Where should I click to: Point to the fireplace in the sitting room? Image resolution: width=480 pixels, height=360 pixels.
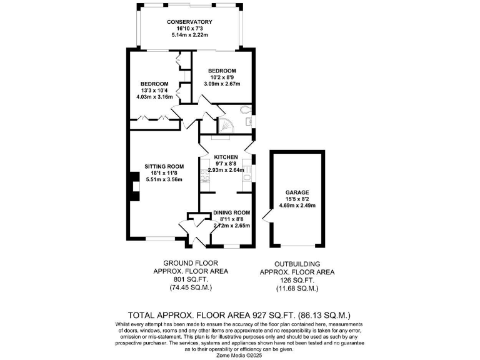[133, 187]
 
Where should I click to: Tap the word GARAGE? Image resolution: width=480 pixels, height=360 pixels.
[297, 192]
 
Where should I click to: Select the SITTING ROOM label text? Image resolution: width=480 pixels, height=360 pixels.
[163, 167]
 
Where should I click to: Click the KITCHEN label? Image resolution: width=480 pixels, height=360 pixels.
[226, 157]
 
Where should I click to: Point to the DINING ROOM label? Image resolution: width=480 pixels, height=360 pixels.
[232, 212]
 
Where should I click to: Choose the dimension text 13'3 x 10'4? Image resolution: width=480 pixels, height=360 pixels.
[154, 91]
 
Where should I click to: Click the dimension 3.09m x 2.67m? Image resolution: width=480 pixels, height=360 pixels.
[222, 84]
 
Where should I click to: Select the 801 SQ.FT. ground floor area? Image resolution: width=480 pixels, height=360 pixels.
[191, 280]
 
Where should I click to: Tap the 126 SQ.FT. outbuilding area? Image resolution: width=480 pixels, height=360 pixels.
[297, 281]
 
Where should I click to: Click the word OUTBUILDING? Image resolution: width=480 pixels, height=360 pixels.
[297, 264]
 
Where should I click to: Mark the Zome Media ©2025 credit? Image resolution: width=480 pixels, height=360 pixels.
[240, 354]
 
